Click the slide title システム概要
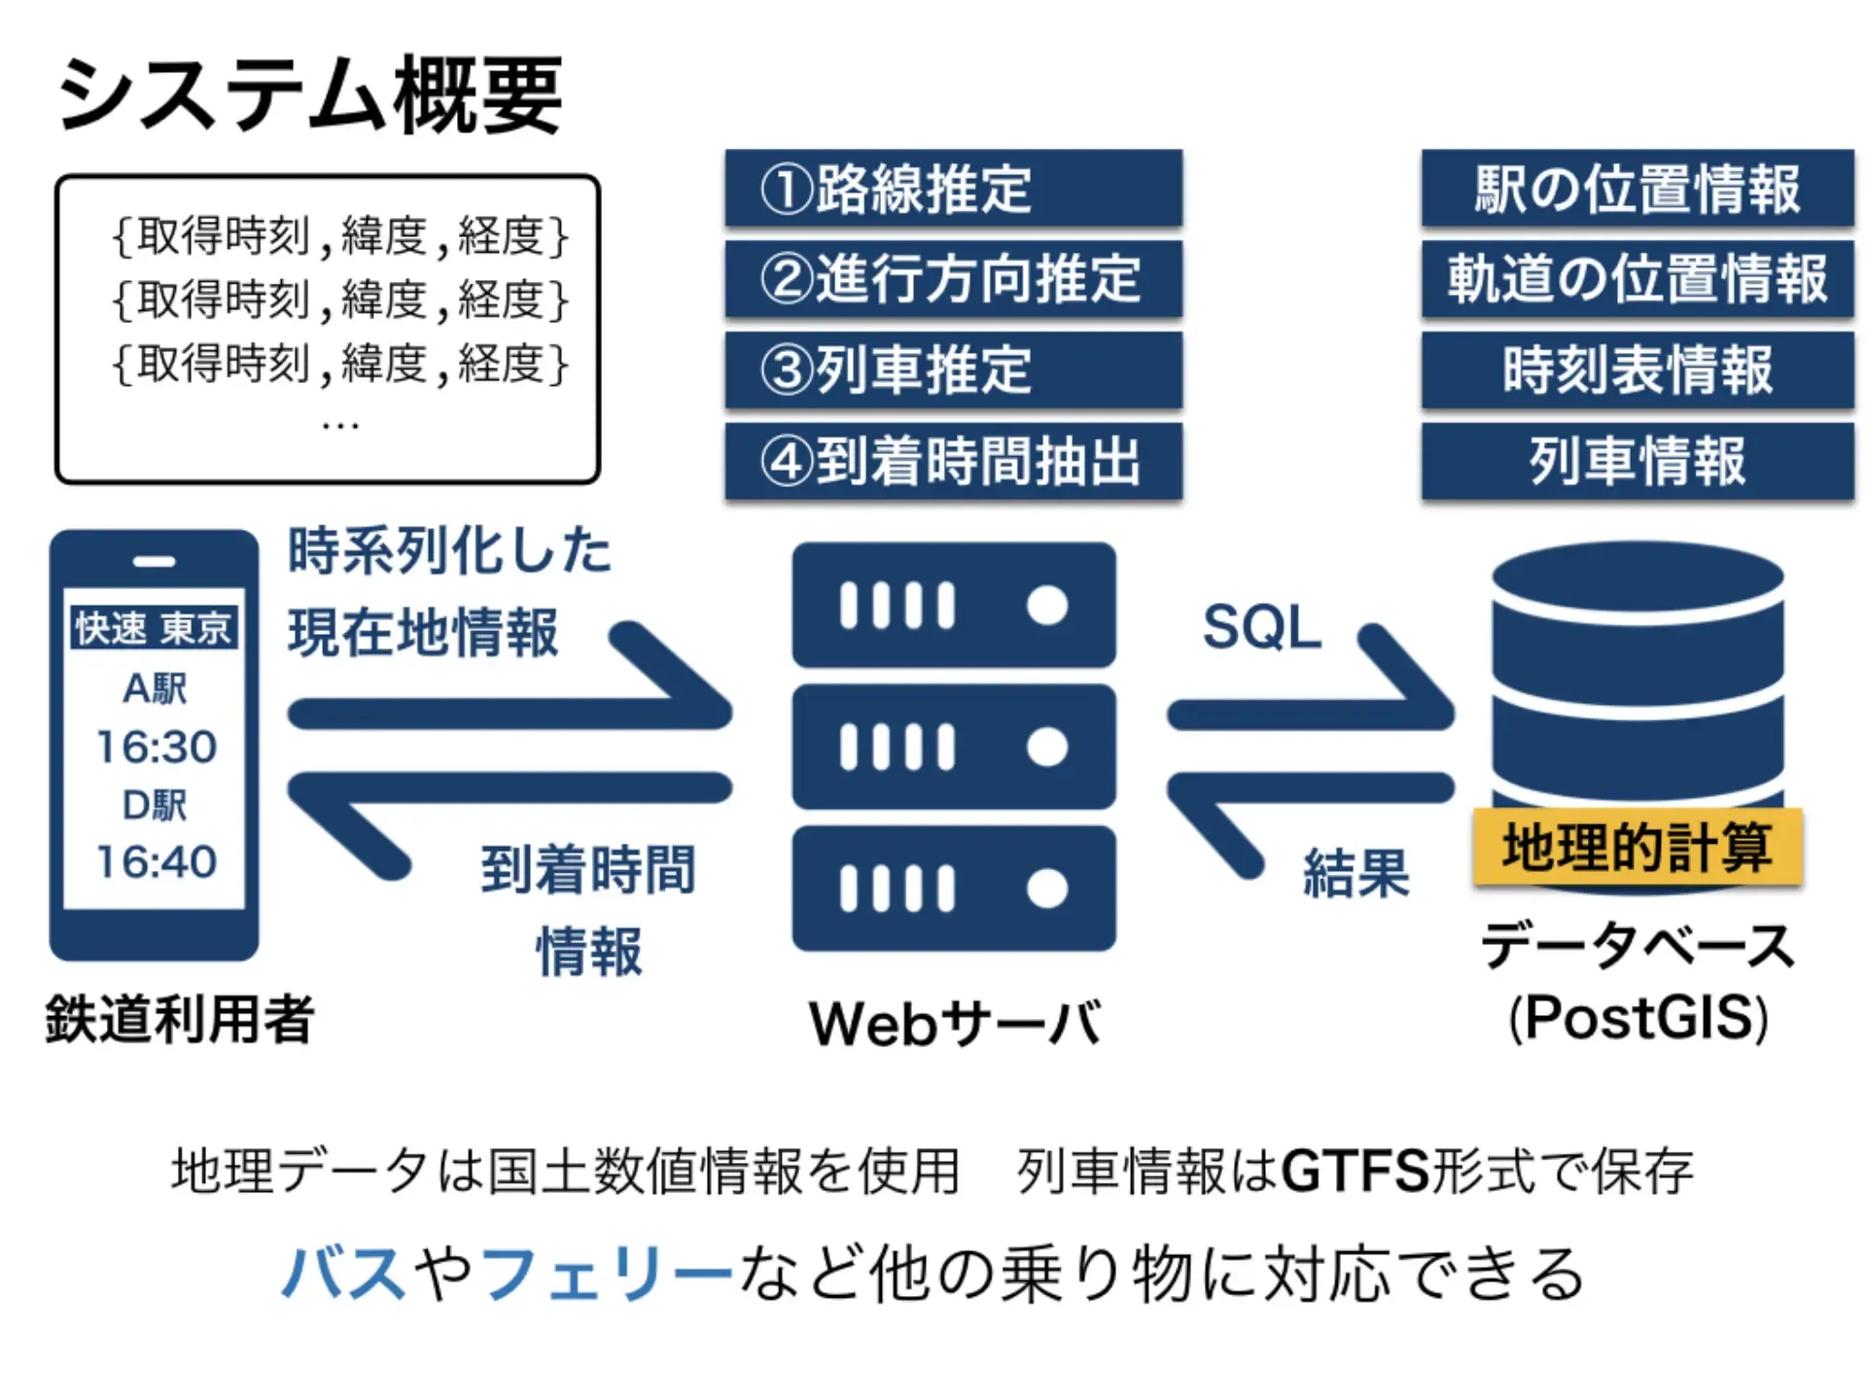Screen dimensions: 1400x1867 [x=309, y=95]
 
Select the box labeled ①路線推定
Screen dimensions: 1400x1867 [x=953, y=188]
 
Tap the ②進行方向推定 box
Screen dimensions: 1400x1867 [x=953, y=278]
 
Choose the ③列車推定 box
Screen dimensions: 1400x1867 [x=953, y=369]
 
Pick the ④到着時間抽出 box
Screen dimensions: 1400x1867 [x=953, y=461]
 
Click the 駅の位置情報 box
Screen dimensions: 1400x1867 [x=1638, y=188]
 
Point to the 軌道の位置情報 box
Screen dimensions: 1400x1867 [x=1638, y=278]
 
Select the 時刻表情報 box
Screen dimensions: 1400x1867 [x=1638, y=369]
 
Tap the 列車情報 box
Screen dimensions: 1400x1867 [x=1638, y=461]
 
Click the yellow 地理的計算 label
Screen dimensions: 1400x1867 [x=1638, y=847]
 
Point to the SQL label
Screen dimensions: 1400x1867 [x=1261, y=627]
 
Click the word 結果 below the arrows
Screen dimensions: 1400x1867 [x=1356, y=872]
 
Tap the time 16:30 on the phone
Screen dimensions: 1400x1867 [x=156, y=747]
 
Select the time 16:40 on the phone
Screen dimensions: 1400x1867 [x=156, y=861]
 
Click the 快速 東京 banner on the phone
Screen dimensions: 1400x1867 [x=154, y=628]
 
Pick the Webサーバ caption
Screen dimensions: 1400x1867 [x=955, y=1023]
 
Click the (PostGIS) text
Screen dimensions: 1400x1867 [x=1638, y=1018]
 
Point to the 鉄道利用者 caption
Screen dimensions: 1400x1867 [x=180, y=1020]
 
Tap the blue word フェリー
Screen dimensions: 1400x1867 [x=605, y=1274]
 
